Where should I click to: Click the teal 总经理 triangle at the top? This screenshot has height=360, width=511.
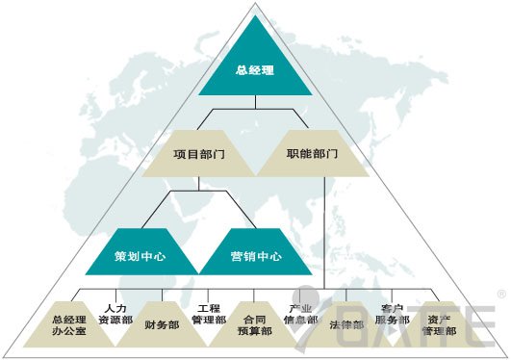pyautogui.click(x=255, y=69)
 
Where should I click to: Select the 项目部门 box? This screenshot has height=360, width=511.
pyautogui.click(x=199, y=154)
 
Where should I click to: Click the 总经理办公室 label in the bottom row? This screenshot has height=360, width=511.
pyautogui.click(x=68, y=324)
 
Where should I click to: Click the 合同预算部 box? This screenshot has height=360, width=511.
pyautogui.click(x=255, y=324)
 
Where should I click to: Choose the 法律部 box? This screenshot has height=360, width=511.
pyautogui.click(x=346, y=324)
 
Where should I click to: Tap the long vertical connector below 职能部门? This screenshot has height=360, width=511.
pyautogui.click(x=324, y=231)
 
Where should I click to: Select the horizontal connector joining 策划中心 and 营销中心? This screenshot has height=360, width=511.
pyautogui.click(x=199, y=192)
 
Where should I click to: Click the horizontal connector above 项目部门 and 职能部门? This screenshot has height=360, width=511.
pyautogui.click(x=255, y=113)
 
